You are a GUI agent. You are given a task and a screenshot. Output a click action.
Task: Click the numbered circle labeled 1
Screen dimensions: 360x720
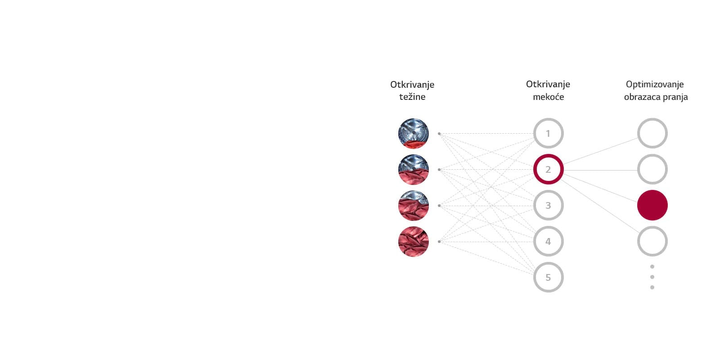point(548,133)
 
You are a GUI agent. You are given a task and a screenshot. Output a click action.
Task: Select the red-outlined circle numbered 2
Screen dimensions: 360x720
point(548,169)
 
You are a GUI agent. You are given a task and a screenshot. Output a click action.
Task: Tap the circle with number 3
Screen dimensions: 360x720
point(548,205)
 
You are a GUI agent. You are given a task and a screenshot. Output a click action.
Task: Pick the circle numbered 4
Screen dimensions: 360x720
point(548,241)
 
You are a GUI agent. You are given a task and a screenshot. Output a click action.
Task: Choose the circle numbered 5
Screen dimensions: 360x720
point(548,277)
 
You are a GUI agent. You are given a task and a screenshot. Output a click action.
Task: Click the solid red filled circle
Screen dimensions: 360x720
point(652,205)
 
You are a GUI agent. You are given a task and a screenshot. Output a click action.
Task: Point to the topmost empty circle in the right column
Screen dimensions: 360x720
point(652,133)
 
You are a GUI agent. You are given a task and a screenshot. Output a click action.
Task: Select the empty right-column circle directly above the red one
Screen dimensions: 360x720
point(652,169)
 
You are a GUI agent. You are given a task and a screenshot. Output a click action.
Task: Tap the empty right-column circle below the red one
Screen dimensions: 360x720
point(652,241)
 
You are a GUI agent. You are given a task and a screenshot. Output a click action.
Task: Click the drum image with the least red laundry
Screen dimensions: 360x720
point(413,133)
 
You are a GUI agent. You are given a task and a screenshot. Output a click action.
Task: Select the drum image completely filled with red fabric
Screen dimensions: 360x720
point(413,242)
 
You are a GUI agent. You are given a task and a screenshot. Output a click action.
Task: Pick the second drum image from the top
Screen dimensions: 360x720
point(413,170)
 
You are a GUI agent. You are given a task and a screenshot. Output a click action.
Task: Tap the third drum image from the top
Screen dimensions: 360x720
point(413,206)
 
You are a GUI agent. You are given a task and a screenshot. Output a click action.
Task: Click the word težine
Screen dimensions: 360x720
point(412,97)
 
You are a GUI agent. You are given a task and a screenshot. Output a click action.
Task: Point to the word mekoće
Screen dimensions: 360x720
point(548,97)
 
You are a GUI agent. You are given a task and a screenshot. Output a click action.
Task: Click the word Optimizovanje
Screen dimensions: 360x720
point(655,85)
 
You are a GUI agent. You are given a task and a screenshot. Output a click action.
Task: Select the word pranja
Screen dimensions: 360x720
point(674,97)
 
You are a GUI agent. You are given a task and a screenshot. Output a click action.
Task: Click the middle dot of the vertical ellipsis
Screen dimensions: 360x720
point(652,277)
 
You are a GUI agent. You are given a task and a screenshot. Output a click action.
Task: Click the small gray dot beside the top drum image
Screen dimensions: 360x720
point(439,134)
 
